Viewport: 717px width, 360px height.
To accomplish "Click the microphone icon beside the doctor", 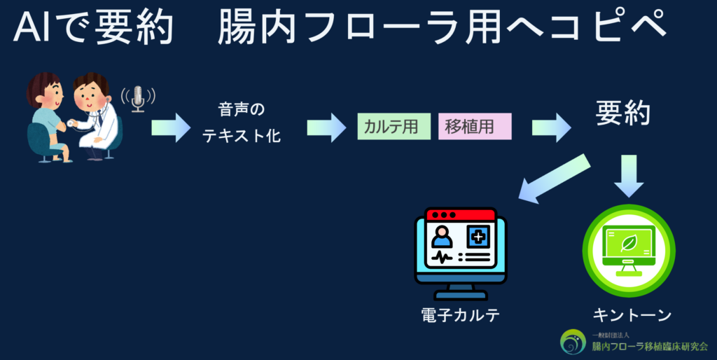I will (x=138, y=98).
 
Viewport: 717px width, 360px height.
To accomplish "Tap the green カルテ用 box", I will (x=394, y=127).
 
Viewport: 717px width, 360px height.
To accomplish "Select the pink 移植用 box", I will (x=475, y=127).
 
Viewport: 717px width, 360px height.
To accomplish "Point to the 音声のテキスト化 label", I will (x=242, y=123).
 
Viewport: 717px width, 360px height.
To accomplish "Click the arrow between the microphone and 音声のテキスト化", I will (x=171, y=127).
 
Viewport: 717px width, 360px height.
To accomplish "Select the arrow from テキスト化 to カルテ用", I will (x=326, y=127).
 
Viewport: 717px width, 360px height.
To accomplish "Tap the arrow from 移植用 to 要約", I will (x=552, y=127).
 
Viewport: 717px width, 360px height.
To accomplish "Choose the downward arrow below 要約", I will (x=629, y=175).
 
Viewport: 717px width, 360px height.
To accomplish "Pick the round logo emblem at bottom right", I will (x=573, y=342).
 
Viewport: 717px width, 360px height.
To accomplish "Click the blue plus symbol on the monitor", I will (x=479, y=237).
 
